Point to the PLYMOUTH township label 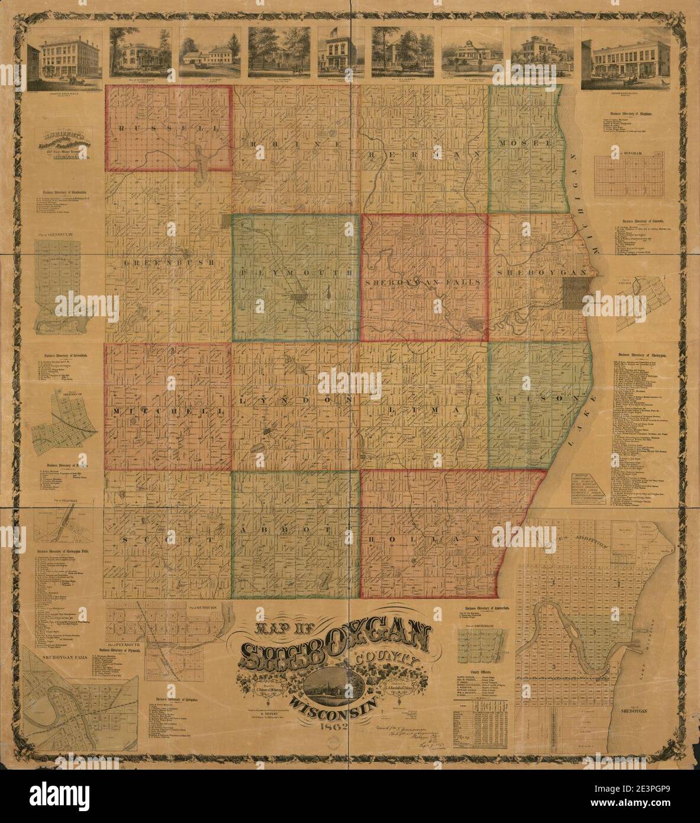296,274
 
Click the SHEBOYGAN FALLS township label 423,284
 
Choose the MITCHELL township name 168,410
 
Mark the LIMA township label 423,410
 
